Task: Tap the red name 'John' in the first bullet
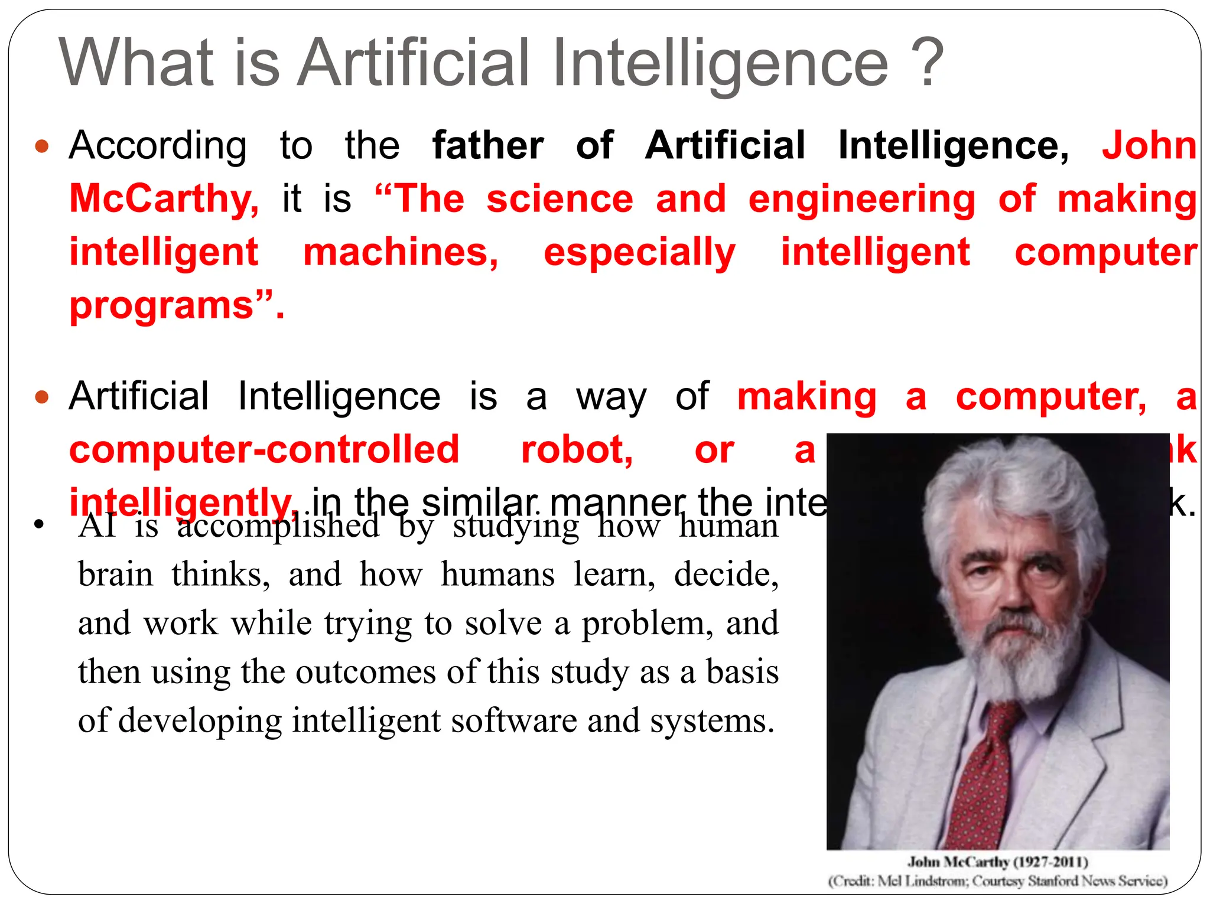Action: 1149,145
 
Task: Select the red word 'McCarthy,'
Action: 164,199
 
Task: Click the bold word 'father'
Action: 487,145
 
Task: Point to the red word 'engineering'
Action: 861,199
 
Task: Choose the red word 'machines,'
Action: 401,252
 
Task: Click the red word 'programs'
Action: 161,306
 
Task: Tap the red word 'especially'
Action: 639,252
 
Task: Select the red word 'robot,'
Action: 577,450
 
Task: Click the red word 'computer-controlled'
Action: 264,450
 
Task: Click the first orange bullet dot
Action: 41,146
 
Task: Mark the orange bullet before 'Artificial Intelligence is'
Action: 41,397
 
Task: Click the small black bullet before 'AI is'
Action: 39,524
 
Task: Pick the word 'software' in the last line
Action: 513,721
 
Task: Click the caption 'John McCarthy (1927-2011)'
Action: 997,862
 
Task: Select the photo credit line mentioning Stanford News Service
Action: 997,881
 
